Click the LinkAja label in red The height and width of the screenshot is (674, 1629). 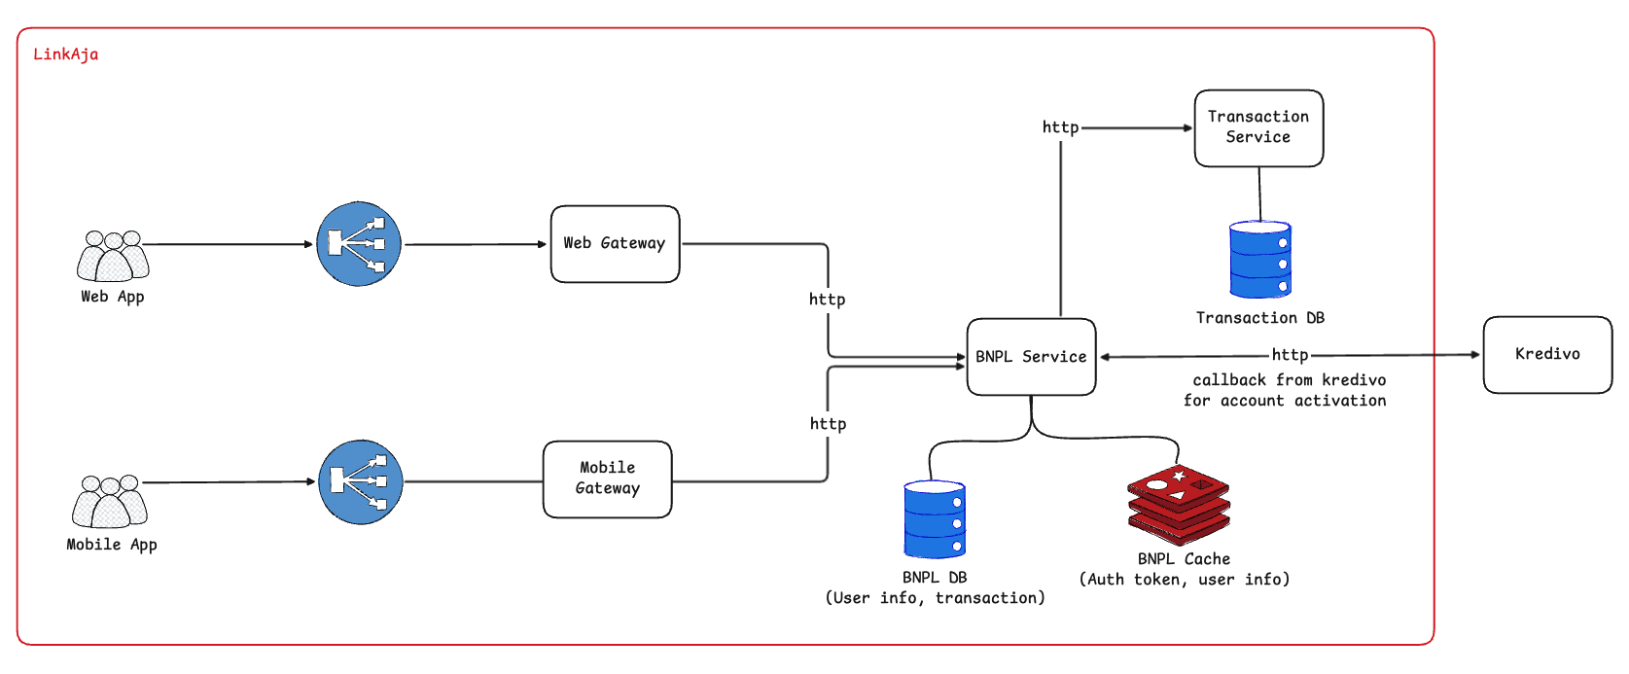tap(65, 54)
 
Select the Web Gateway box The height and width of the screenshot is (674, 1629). tap(615, 244)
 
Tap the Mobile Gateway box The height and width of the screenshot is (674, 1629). tap(607, 479)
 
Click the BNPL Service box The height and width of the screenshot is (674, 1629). tap(1031, 357)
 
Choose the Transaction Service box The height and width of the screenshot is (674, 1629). tap(1258, 127)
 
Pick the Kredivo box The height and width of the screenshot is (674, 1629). tap(1547, 354)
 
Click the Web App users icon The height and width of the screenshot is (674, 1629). tap(113, 257)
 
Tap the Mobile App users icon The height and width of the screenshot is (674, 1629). tap(109, 502)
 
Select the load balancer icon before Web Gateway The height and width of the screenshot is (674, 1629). tap(359, 244)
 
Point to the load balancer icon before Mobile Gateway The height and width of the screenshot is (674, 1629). tap(361, 482)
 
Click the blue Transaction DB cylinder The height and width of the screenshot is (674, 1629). tap(1260, 260)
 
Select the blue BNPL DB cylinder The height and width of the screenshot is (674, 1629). tap(935, 519)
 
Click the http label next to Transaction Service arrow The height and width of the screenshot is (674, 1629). tap(1060, 127)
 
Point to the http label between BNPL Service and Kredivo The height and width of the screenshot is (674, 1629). tap(1290, 355)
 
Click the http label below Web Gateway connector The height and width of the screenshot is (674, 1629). tap(827, 300)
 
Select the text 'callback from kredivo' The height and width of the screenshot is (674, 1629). tap(1289, 380)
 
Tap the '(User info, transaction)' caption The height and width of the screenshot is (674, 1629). tap(935, 598)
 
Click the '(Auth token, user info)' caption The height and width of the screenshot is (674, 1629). tap(1184, 580)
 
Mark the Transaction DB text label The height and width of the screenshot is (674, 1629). tap(1259, 318)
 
